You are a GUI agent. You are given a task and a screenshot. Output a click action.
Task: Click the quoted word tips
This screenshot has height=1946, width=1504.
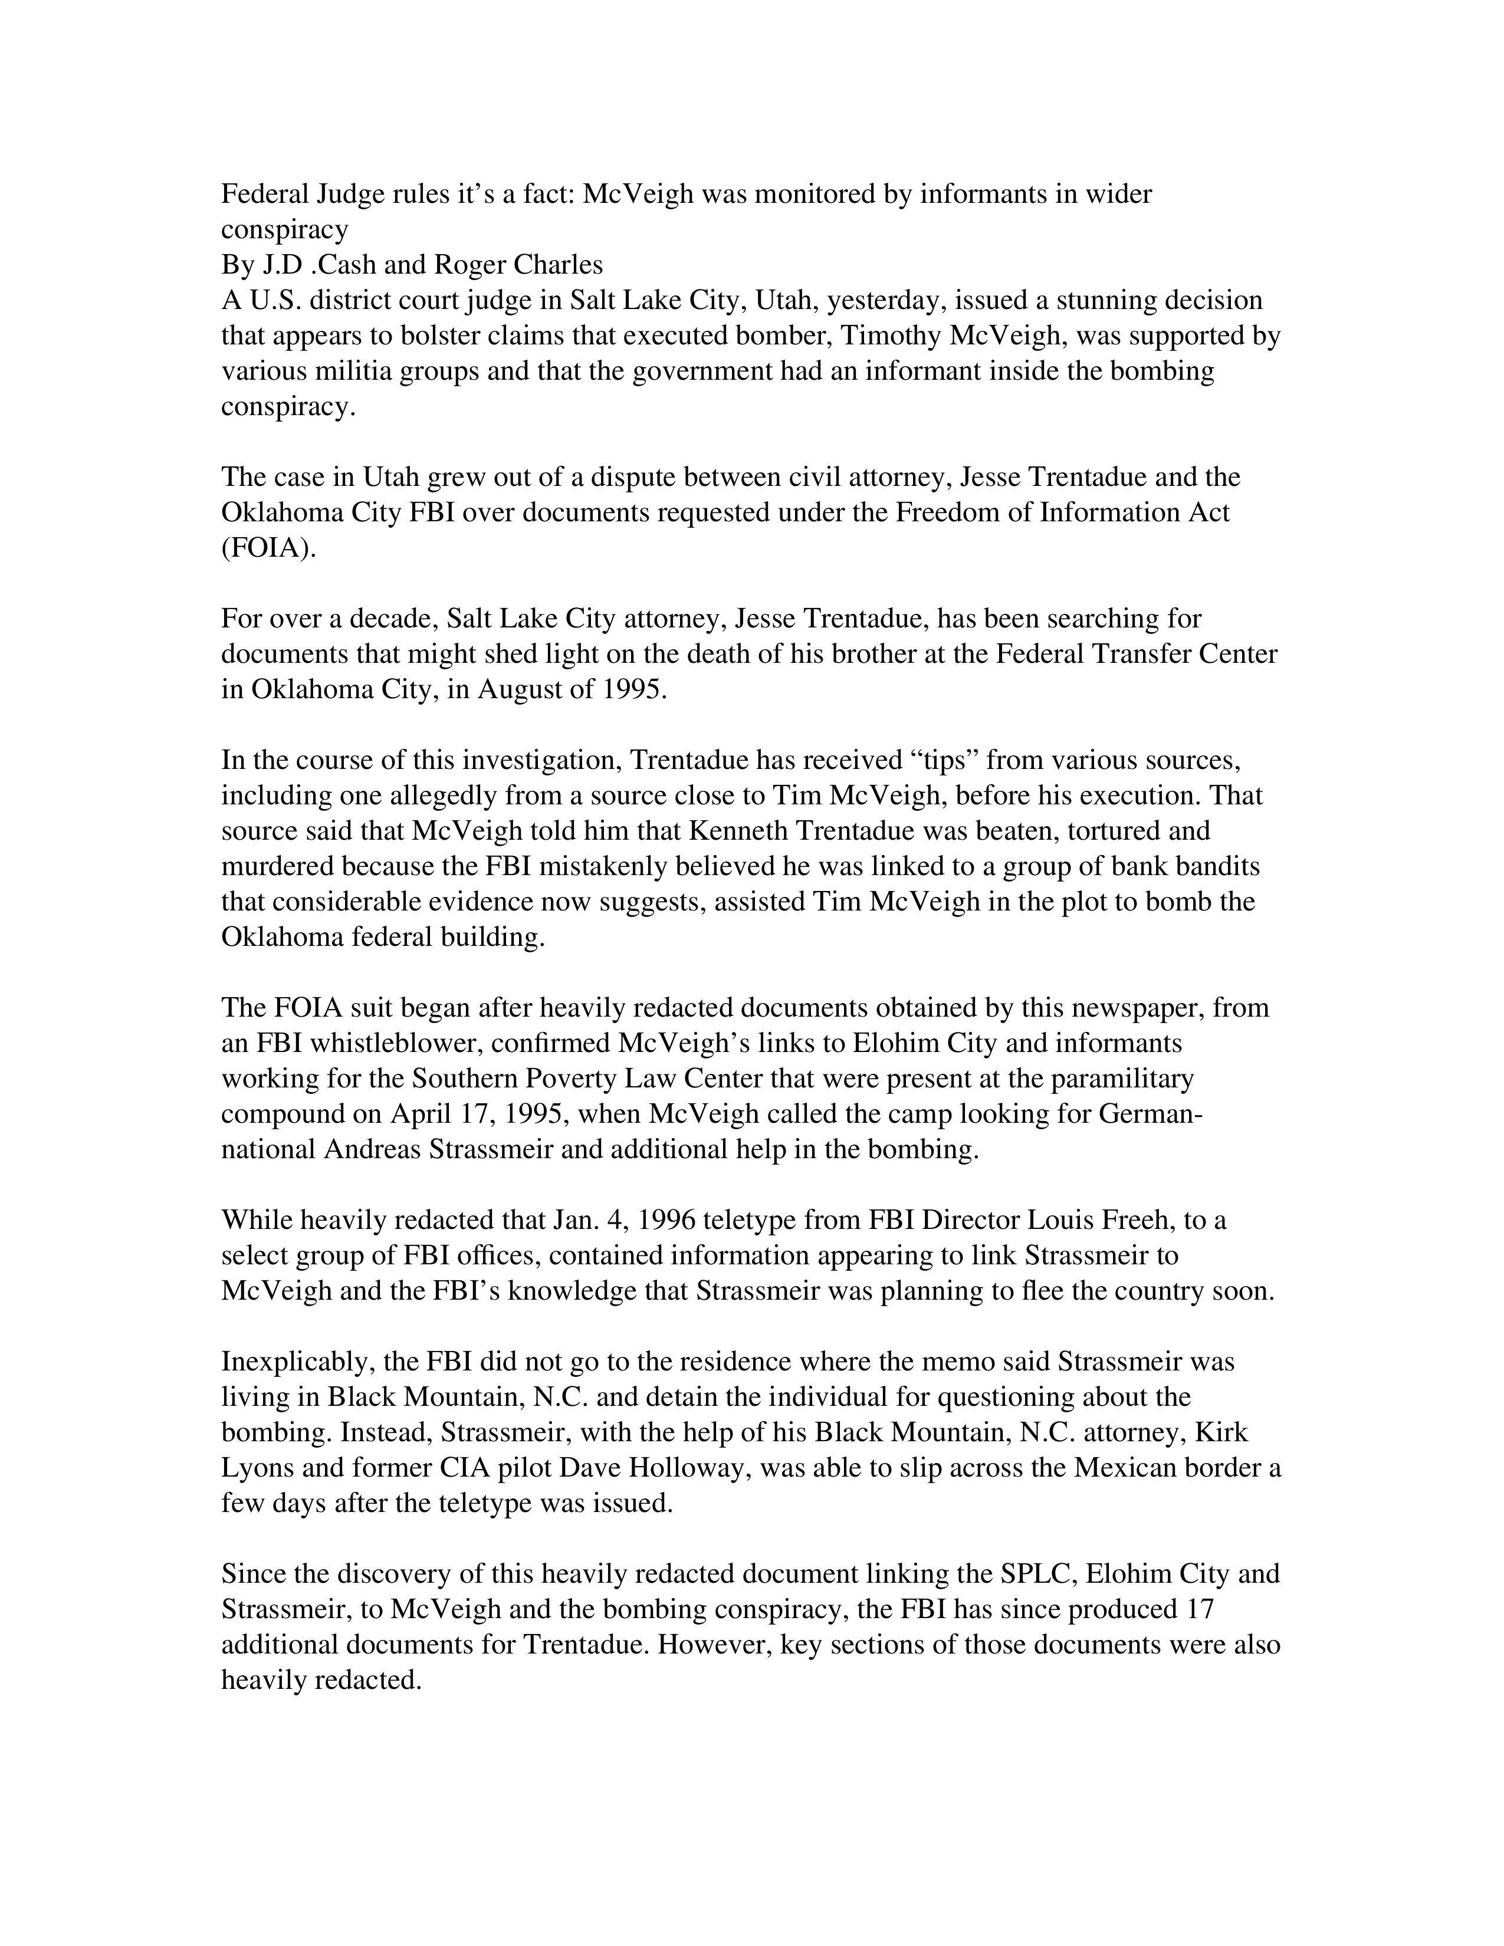click(944, 760)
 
